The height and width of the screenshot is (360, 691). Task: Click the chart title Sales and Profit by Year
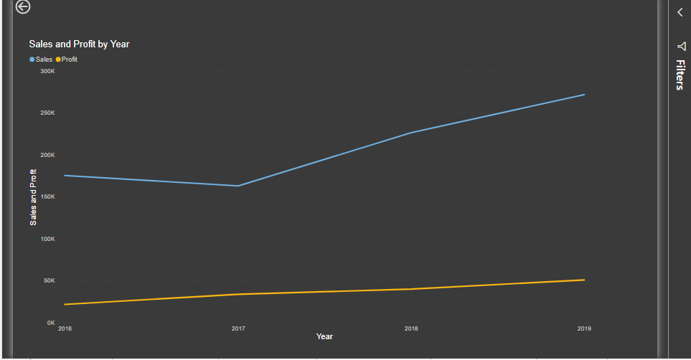point(79,44)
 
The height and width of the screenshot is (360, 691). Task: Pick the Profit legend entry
point(69,60)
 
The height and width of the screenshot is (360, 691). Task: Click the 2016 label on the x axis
point(65,329)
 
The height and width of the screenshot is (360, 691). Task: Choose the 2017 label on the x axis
point(238,329)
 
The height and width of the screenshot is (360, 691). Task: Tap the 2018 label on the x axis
point(411,329)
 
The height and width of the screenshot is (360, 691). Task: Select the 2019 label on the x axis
point(584,329)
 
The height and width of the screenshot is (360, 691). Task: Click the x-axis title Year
point(324,337)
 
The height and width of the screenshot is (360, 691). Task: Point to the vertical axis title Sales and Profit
point(33,197)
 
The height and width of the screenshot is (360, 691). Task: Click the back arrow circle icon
point(23,7)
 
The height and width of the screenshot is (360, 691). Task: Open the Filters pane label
point(680,75)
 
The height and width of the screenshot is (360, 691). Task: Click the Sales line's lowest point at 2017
point(238,186)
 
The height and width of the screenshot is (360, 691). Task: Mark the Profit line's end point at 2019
point(584,280)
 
